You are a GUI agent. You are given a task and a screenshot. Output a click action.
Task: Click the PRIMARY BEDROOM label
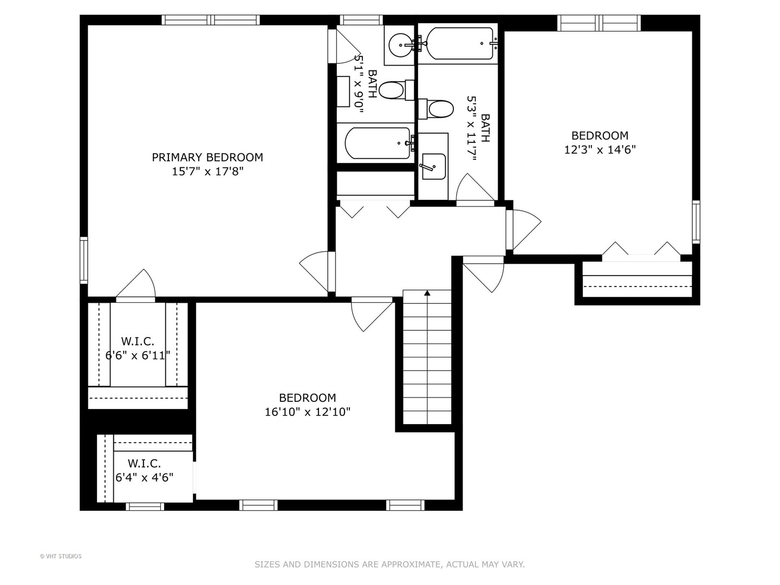pos(207,157)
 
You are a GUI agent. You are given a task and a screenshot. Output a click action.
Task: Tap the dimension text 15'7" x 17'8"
pos(207,172)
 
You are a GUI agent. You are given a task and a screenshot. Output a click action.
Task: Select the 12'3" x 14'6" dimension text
pos(600,149)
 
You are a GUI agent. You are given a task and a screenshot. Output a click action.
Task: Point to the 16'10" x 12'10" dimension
pos(307,412)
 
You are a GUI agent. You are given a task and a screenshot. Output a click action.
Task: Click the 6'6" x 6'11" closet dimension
pos(138,355)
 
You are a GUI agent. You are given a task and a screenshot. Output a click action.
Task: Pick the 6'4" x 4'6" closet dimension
pos(144,477)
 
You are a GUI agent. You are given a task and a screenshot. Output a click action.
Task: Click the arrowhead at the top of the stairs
pos(427,293)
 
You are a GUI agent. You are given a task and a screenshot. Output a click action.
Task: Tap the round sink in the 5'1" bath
pos(401,45)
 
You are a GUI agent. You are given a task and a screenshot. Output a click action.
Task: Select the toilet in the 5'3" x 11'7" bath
pos(436,109)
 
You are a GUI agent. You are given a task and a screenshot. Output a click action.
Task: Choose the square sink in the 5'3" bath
pos(433,167)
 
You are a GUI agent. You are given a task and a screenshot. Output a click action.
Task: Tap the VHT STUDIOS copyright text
pos(61,556)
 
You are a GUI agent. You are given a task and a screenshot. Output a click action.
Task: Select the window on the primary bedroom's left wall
pos(84,261)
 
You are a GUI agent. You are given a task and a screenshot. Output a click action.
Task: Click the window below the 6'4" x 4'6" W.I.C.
pos(145,506)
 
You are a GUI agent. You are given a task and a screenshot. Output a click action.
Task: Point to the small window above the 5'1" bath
pos(361,20)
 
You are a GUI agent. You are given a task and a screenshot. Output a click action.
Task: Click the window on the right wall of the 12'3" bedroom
pos(696,222)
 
